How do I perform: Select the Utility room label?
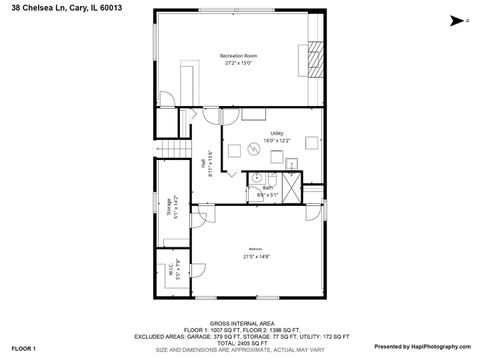point(276,133)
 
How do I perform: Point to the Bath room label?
point(267,187)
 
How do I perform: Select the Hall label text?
point(202,162)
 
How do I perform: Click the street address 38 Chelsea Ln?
point(52,6)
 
